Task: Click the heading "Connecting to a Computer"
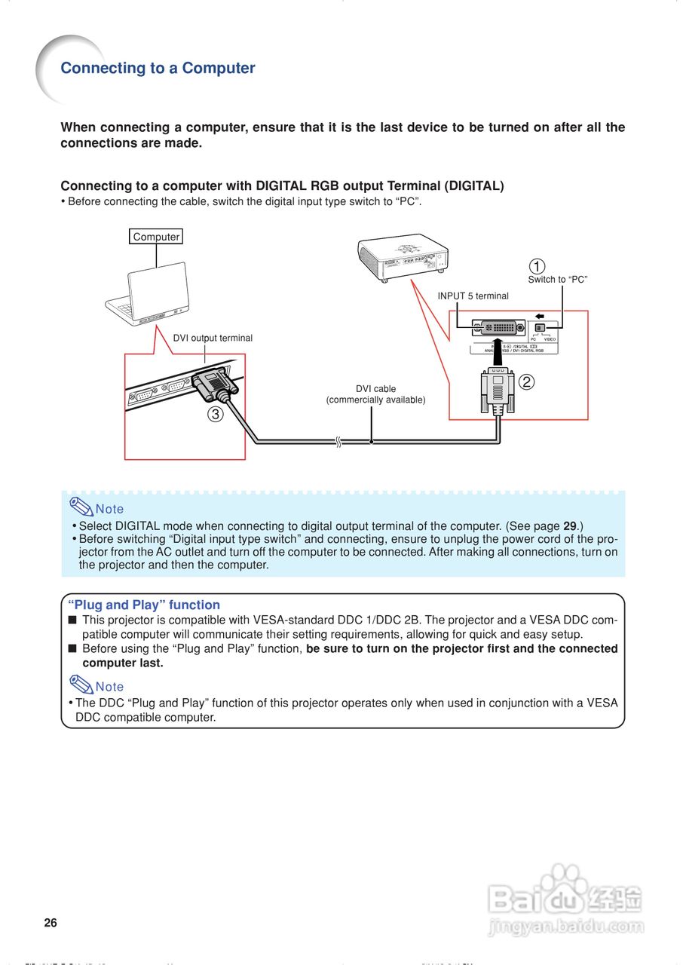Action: tap(158, 69)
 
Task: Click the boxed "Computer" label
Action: tap(156, 237)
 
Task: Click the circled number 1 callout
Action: tap(536, 266)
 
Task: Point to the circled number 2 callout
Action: tap(527, 381)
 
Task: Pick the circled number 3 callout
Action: tap(216, 414)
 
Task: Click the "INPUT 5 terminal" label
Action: tap(473, 296)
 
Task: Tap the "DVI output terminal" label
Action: tap(213, 338)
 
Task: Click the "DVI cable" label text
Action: tap(375, 389)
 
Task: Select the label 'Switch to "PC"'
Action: tap(557, 280)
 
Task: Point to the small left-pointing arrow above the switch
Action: tap(540, 316)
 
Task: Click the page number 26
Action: tap(51, 923)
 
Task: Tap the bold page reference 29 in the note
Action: tap(571, 526)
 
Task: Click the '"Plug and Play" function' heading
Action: tap(144, 605)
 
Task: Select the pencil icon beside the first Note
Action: tap(80, 507)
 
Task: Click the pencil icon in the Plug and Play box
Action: tap(80, 685)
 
